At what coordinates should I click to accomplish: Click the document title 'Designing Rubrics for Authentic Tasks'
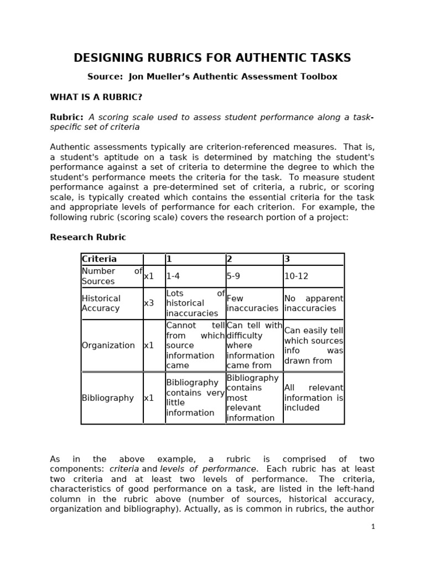coord(212,58)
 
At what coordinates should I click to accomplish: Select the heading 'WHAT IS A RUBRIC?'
coord(96,97)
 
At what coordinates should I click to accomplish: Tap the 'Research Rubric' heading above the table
coord(88,237)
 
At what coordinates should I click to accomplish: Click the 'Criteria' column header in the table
coord(100,259)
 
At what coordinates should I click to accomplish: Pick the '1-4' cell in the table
coord(173,276)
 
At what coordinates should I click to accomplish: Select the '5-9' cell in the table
coord(234,276)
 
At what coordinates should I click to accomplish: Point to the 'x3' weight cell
coord(149,303)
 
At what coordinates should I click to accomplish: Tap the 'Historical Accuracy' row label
coord(101,303)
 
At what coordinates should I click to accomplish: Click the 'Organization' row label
coord(108,345)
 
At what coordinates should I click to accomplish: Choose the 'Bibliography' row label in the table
coord(108,398)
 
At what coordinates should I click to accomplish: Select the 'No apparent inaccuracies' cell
coord(313,303)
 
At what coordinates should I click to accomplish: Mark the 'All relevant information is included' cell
coord(313,398)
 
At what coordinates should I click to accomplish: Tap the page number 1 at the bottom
coord(373,527)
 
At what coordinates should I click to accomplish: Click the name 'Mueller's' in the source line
coord(173,77)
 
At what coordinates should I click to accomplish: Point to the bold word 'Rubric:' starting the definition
coord(66,117)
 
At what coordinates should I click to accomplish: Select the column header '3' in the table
coord(287,259)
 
